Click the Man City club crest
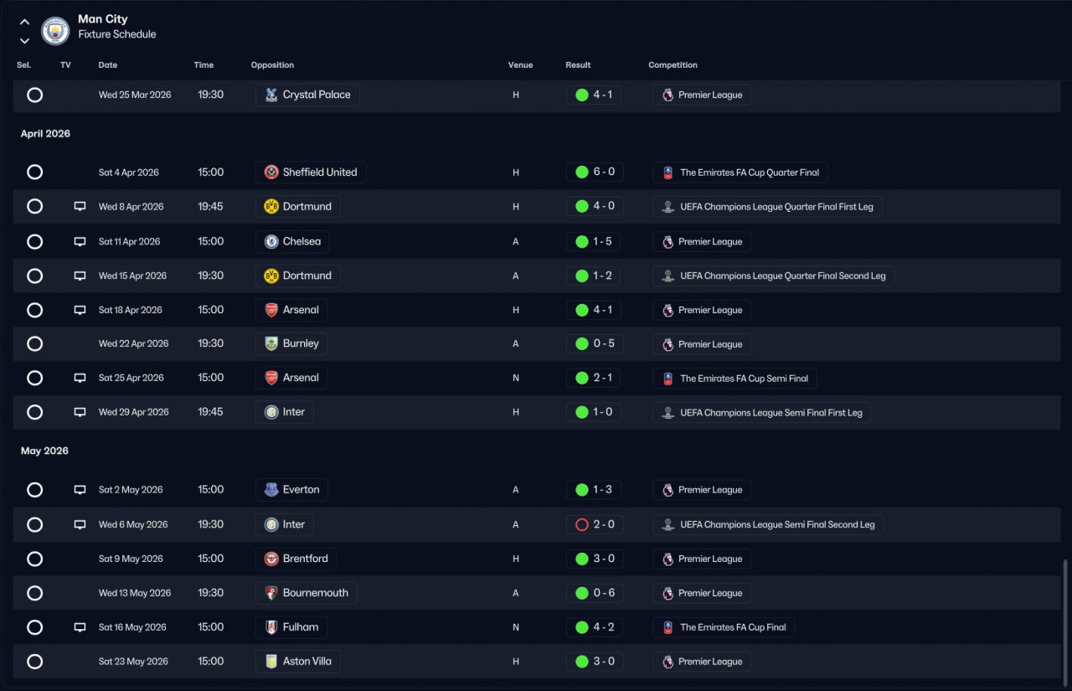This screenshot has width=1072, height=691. pos(55,31)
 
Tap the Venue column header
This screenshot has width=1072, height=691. pos(520,65)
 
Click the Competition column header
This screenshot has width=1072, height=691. pos(673,65)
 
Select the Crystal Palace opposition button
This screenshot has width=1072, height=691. pos(307,95)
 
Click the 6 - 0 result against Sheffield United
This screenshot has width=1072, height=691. pos(595,172)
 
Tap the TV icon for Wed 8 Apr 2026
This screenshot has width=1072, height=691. pos(80,206)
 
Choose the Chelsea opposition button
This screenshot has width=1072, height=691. pos(292,241)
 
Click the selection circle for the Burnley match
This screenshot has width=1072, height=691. pos(34,343)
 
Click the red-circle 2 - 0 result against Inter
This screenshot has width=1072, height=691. pos(595,524)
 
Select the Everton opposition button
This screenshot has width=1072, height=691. pos(291,489)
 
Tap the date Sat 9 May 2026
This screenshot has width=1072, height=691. pos(131,559)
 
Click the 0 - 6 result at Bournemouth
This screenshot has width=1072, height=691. pos(595,593)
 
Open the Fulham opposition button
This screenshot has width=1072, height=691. pos(291,627)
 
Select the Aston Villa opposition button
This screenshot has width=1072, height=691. pos(297,662)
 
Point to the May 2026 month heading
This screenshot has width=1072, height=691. pos(44,451)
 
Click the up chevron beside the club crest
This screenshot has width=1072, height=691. pos(24,22)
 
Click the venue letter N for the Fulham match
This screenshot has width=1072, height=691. pos(515,627)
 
